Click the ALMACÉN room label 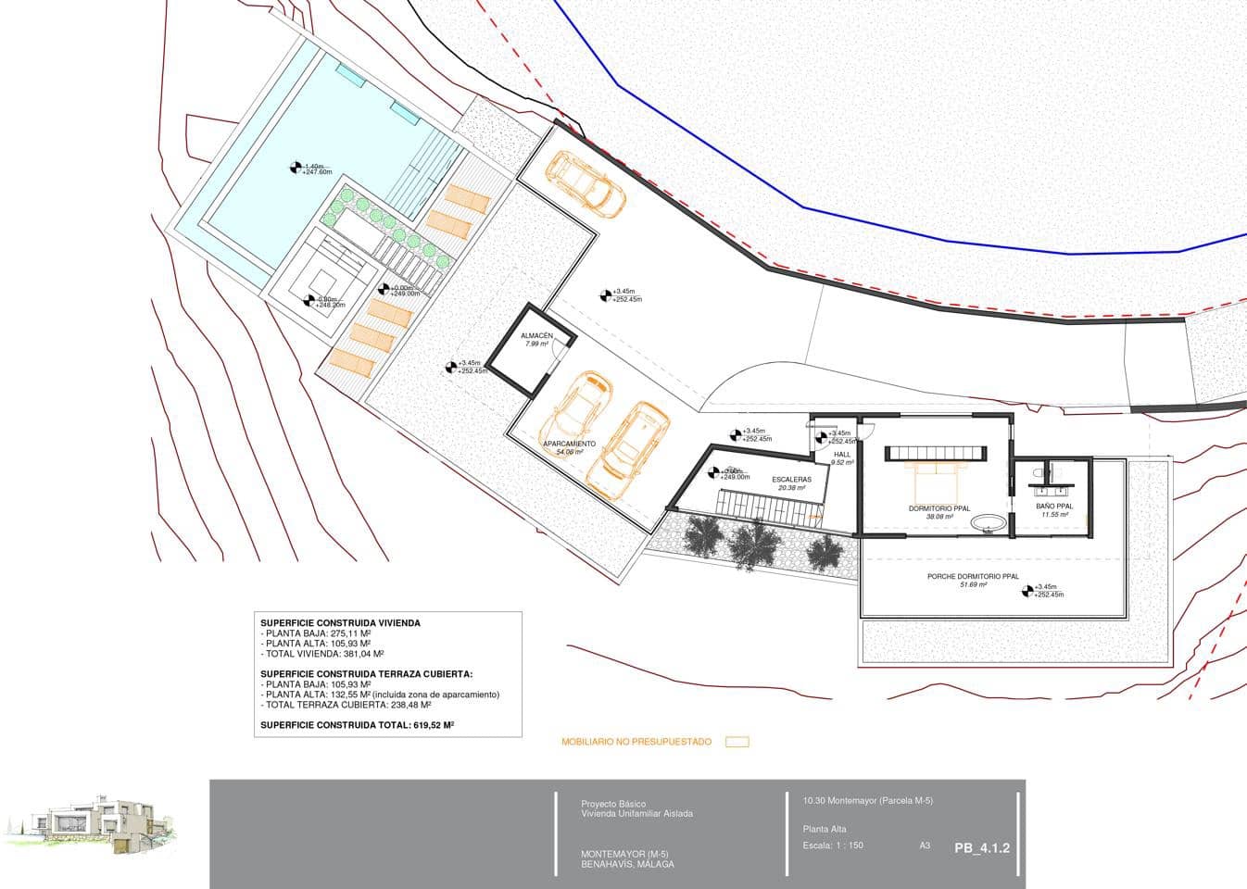click(x=536, y=335)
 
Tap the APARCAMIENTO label click(x=569, y=444)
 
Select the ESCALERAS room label click(x=791, y=479)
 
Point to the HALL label click(x=842, y=455)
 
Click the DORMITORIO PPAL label click(x=939, y=508)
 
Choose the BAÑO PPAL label click(x=1054, y=507)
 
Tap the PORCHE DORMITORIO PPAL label click(x=973, y=576)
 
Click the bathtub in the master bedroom click(x=989, y=524)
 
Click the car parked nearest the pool click(x=584, y=182)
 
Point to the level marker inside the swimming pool click(x=296, y=168)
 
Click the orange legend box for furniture click(x=737, y=742)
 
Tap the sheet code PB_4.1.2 click(x=982, y=847)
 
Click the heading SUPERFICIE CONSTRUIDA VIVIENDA click(x=340, y=623)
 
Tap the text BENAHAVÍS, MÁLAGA click(x=627, y=864)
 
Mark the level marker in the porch click(x=1027, y=590)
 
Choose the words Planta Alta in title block click(x=825, y=829)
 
